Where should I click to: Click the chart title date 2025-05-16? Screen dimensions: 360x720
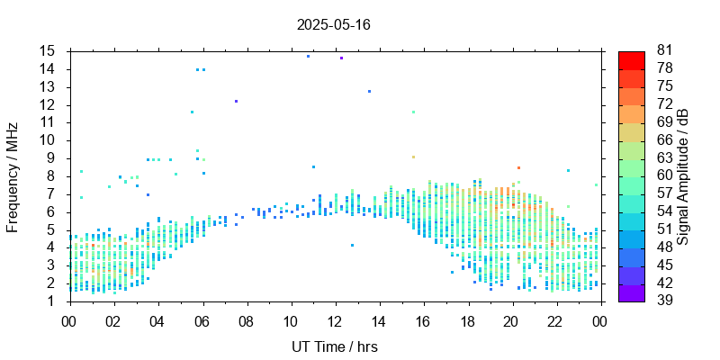tap(333, 24)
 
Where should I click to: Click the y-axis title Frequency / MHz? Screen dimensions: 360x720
tap(13, 175)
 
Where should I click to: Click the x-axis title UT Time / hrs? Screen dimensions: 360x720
tap(334, 346)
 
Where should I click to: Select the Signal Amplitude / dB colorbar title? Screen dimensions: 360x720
tap(683, 175)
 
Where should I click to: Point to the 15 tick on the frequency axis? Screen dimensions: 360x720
tap(49, 51)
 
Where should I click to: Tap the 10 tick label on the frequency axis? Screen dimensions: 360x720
tap(49, 140)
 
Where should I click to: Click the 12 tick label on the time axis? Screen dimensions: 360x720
tap(334, 320)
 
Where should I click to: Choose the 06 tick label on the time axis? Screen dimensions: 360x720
tap(202, 320)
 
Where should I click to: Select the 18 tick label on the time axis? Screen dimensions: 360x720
tap(466, 320)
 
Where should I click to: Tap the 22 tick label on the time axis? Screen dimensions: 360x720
tap(554, 320)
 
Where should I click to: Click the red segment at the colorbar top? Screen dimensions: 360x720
tap(632, 59)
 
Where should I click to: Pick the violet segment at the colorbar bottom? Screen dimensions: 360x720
tap(632, 292)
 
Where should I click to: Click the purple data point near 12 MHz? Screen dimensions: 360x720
tap(236, 102)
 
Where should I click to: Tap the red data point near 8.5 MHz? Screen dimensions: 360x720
tap(518, 167)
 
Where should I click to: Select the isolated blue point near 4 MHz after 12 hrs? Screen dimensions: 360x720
tap(352, 245)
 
